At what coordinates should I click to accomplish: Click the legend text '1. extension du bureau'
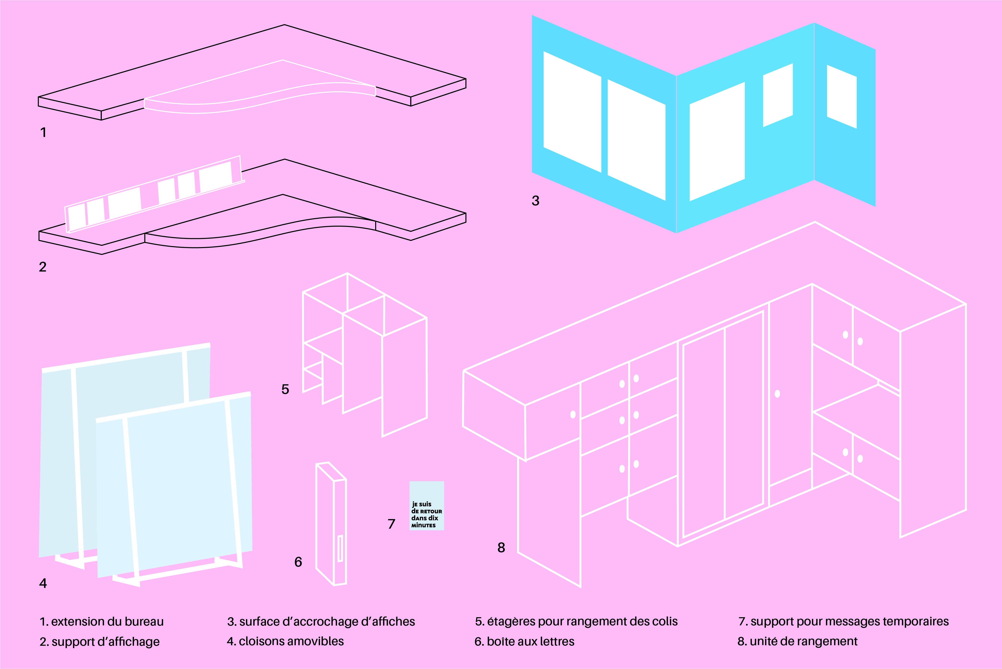pos(101,622)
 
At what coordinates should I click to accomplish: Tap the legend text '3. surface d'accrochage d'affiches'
pos(321,622)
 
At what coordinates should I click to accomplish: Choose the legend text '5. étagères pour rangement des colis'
pos(576,622)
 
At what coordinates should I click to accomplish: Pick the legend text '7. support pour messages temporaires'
pos(843,622)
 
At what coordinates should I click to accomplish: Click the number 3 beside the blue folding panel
pos(536,201)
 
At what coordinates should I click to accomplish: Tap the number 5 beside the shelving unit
pos(285,389)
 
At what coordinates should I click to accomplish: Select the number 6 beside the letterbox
pos(298,562)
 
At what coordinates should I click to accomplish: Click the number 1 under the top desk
pos(43,132)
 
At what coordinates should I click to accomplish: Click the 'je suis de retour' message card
pos(426,506)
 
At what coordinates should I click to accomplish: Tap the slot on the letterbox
pos(340,548)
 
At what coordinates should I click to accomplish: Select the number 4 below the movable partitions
pos(43,583)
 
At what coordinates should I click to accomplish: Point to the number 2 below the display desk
pos(43,267)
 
